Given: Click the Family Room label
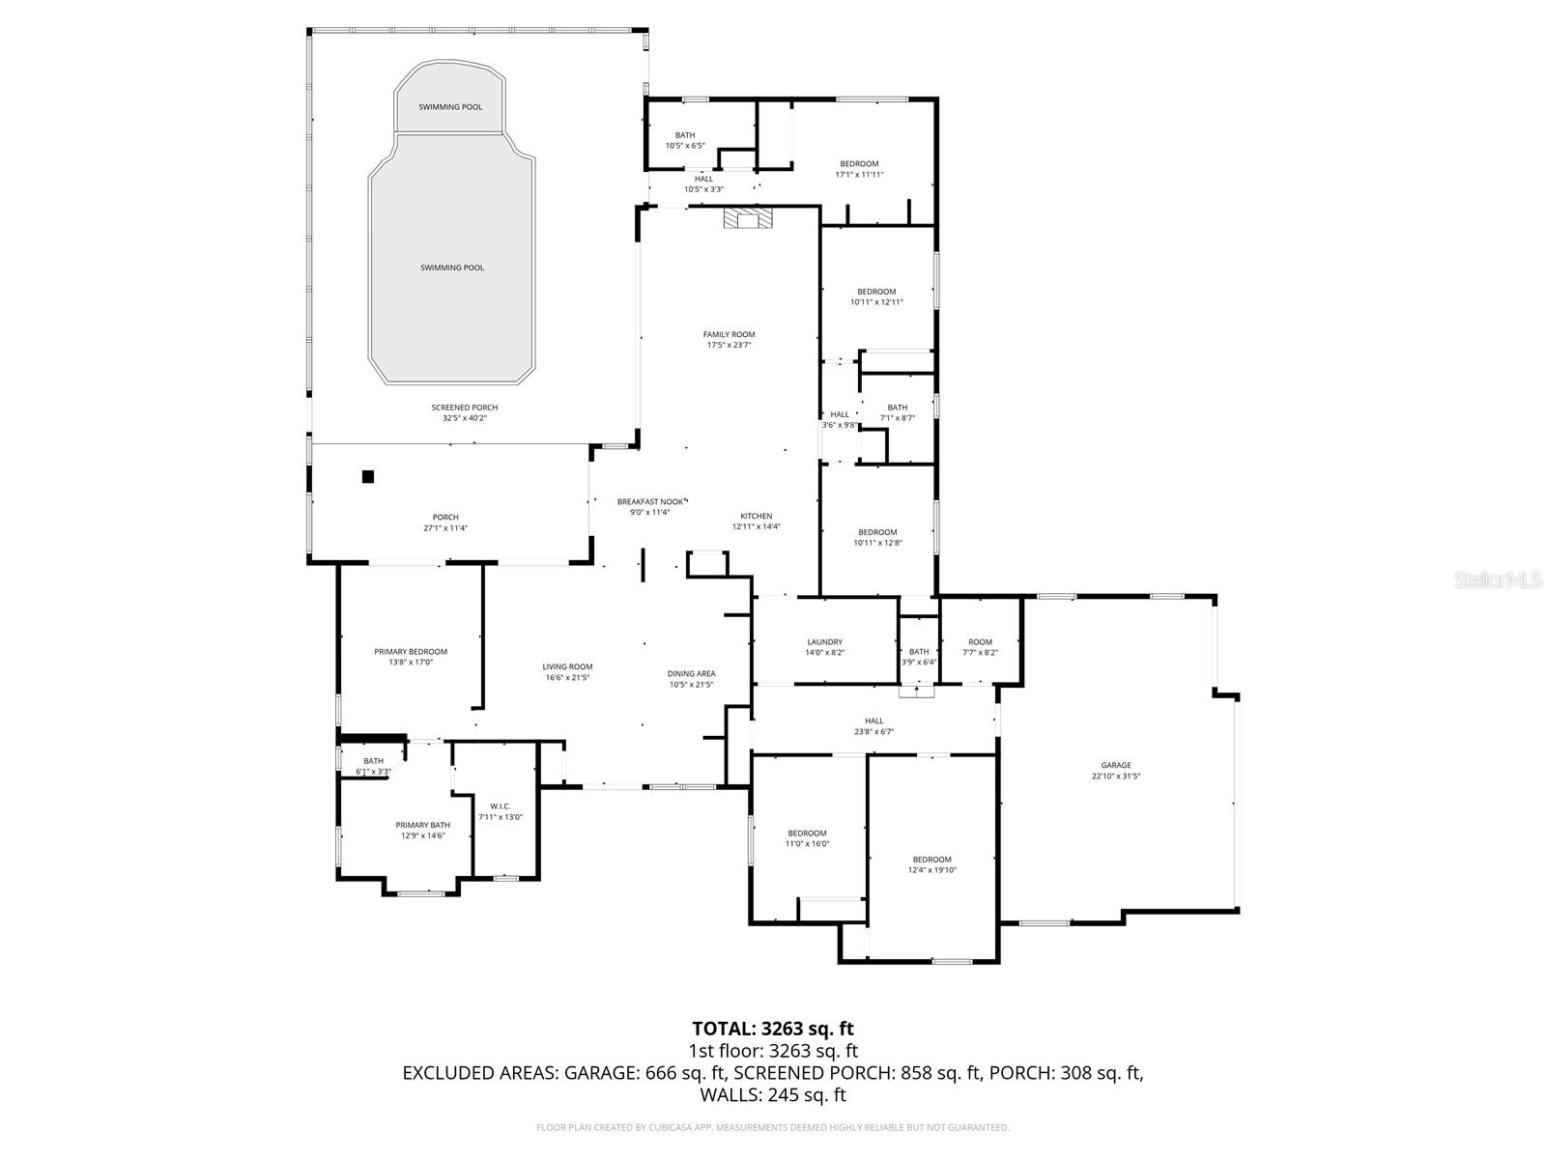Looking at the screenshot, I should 729,335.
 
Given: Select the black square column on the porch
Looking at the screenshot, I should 368,476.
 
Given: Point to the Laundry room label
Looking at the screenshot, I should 824,642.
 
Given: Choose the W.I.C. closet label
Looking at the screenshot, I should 500,806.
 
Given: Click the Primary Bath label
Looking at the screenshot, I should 422,825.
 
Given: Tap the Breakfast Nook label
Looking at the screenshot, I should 650,501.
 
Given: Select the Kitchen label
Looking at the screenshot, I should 756,516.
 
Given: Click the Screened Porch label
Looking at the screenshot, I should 464,408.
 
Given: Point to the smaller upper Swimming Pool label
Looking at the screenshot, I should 449,107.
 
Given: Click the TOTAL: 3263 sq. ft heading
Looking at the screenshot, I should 773,1029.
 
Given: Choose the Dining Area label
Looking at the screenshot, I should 691,674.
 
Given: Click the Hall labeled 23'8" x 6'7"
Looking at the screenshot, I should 873,721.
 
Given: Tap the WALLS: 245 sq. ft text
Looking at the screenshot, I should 773,1095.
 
